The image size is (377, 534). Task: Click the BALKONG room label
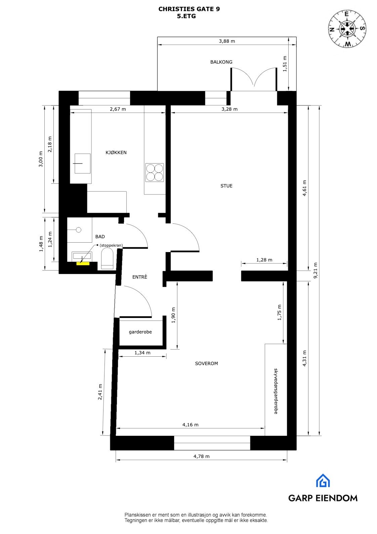pos(221,62)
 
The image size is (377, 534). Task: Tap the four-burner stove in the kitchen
pos(155,173)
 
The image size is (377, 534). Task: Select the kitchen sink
pos(82,164)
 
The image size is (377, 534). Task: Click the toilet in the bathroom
pos(108,261)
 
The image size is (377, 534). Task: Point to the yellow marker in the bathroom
pos(83,263)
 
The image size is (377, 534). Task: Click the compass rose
pos(347,29)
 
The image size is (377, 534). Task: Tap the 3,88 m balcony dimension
pos(227,41)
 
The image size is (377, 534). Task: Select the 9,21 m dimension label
pos(315,270)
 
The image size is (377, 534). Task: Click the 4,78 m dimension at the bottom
pos(201,456)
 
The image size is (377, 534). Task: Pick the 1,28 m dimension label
pos(264,260)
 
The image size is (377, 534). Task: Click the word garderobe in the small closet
pos(140,332)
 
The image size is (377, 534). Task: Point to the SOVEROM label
pos(206,363)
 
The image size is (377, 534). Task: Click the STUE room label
pos(226,186)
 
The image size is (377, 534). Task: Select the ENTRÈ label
pos(140,277)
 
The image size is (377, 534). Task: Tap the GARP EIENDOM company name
pos(323,498)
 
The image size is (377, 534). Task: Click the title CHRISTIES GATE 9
pos(189,9)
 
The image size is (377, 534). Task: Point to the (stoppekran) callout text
pos(111,246)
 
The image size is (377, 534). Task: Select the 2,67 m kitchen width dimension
pos(118,109)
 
